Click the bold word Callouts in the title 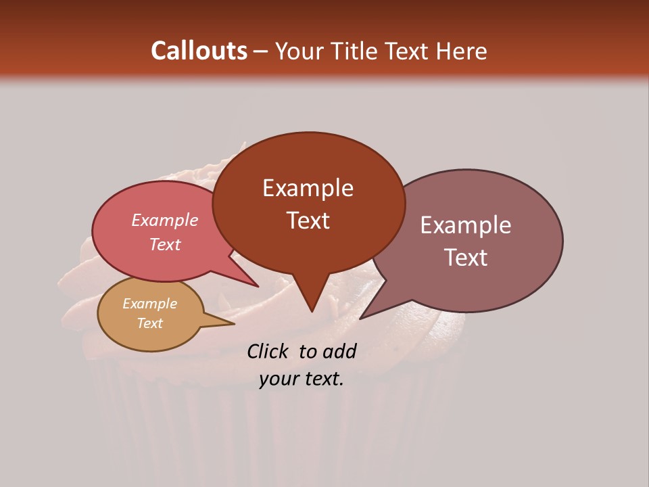coord(199,51)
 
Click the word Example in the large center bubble coord(308,188)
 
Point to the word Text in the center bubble coord(308,221)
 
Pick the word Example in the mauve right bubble coord(466,225)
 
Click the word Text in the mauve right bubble coord(466,258)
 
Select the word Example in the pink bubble coord(165,220)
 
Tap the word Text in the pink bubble coord(165,244)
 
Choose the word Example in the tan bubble coord(149,304)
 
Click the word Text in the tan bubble coord(149,323)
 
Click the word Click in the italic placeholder coord(268,351)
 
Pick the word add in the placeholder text coord(340,351)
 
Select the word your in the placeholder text coord(278,379)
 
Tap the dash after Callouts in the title coord(261,51)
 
